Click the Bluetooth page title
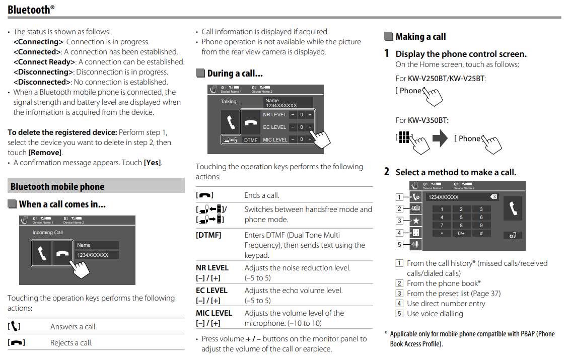[29, 9]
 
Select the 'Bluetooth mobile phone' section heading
[57, 186]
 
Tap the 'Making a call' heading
[420, 36]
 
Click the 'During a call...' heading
[235, 74]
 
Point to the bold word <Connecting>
[38, 42]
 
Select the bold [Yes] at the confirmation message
[153, 163]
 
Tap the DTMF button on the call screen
[251, 140]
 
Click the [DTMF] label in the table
[208, 235]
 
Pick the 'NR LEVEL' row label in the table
[212, 268]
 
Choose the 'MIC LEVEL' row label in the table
[214, 313]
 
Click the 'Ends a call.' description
[262, 195]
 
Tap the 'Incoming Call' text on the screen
[48, 233]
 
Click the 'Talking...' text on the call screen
[231, 102]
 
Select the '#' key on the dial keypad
[481, 234]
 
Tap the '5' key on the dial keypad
[461, 218]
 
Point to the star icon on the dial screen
[416, 221]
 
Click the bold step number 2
[387, 172]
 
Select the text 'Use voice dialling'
[435, 313]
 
